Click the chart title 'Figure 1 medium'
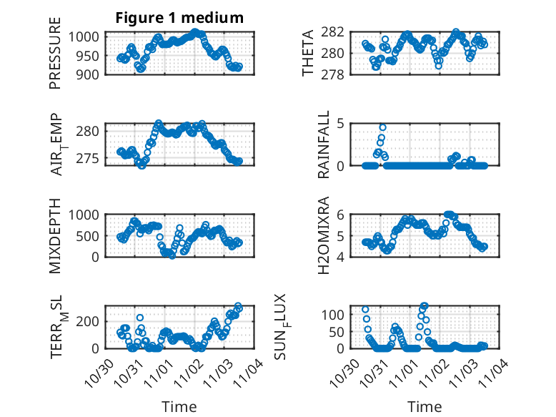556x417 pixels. pos(179,18)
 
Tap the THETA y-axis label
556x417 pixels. pos(308,53)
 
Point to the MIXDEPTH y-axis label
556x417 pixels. pos(55,235)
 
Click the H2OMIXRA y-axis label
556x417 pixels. pos(324,235)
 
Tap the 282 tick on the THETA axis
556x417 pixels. pos(336,31)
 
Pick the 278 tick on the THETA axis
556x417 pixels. pos(336,74)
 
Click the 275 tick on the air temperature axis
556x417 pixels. pos(91,157)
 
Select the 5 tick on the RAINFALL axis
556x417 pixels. pos(342,123)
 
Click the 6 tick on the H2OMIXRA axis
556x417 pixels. pos(342,215)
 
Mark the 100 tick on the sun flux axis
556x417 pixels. pos(336,315)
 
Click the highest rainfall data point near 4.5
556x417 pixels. pos(382,127)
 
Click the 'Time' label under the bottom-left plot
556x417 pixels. pos(179,406)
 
